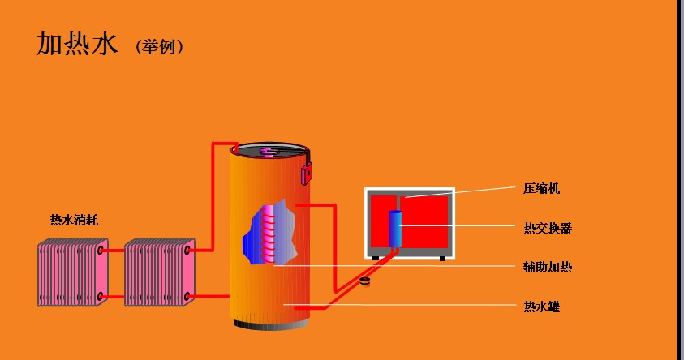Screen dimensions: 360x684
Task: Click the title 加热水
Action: [78, 45]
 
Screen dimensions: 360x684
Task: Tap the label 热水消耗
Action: [75, 220]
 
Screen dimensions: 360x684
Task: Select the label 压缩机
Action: [541, 189]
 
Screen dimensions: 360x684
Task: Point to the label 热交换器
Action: [548, 228]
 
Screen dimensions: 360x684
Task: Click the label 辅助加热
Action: [548, 266]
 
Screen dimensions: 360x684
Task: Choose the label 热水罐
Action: [541, 306]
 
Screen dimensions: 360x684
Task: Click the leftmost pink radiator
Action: [73, 273]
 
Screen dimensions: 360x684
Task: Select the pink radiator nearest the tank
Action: [160, 273]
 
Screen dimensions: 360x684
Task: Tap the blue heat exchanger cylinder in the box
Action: [396, 228]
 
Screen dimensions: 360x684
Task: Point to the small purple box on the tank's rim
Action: [307, 172]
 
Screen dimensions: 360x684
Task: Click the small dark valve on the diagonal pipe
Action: [365, 281]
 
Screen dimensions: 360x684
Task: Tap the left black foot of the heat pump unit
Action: [376, 258]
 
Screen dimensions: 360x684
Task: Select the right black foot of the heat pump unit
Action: [442, 258]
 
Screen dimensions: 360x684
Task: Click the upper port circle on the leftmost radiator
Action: [101, 251]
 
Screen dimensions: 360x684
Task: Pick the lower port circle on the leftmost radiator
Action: [101, 297]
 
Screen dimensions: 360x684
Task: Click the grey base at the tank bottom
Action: [270, 326]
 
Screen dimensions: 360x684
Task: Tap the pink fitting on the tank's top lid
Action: [269, 151]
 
